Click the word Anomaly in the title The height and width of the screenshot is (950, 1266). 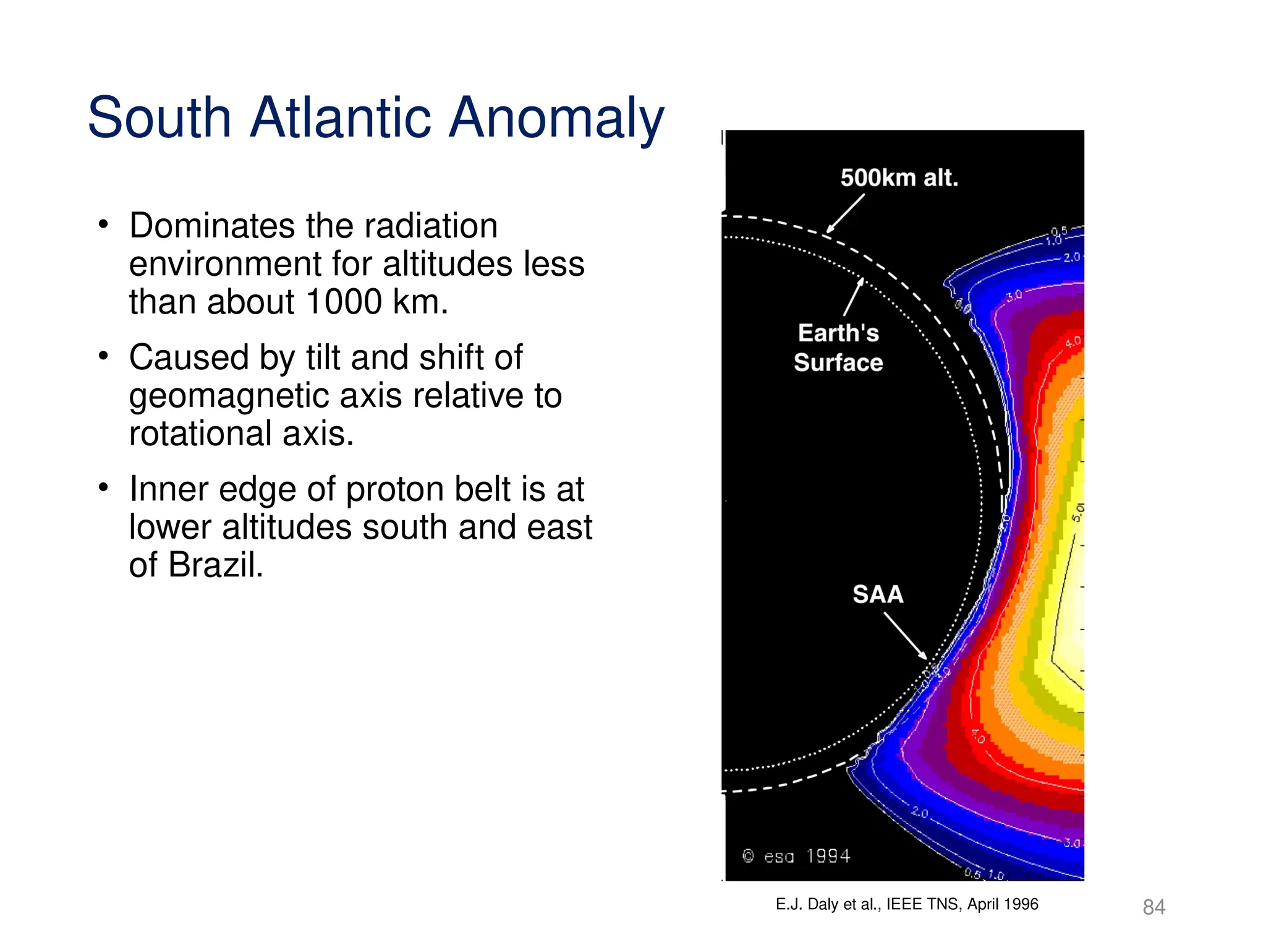click(555, 118)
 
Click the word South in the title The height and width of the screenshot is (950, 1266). click(159, 118)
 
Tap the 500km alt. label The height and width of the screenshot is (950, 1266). click(899, 178)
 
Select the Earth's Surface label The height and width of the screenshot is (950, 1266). click(838, 348)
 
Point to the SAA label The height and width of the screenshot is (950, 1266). click(878, 594)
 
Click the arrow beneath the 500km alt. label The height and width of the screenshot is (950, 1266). click(846, 213)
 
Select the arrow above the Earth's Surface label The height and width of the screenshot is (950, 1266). click(854, 297)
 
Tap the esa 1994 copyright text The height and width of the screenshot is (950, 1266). click(796, 856)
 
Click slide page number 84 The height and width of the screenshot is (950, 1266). click(1153, 907)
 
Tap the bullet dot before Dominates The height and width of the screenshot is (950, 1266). click(103, 225)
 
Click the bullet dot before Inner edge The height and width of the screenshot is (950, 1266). click(103, 488)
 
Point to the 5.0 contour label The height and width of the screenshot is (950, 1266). click(1077, 512)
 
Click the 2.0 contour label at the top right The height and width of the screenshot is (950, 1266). click(1071, 257)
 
